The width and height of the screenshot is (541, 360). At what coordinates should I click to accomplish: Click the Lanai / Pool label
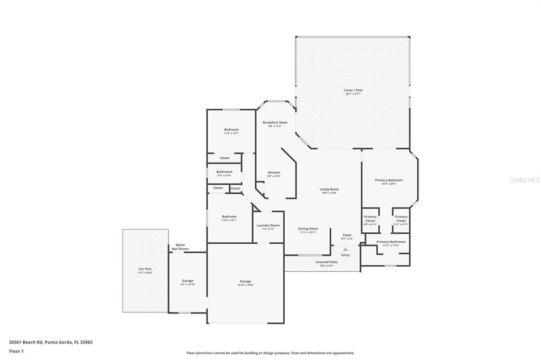tap(353, 90)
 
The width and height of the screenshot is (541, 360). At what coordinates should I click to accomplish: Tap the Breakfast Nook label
tap(275, 122)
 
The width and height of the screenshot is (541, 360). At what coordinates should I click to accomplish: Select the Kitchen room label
tap(274, 173)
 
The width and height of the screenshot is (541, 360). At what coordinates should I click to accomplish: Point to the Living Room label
tap(329, 189)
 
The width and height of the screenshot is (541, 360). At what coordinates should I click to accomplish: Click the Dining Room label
tap(308, 229)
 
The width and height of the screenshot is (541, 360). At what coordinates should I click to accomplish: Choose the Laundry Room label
tap(268, 225)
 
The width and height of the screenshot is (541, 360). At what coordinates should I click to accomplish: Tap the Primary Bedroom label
tap(389, 180)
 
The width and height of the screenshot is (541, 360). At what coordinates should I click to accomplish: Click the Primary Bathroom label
tap(390, 242)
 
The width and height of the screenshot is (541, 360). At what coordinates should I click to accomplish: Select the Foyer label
tap(347, 235)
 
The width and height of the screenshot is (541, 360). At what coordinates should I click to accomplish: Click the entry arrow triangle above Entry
tap(346, 250)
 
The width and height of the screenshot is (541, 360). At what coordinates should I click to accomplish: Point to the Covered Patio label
tap(327, 262)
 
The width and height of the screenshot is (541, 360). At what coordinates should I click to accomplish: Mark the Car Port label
tap(145, 269)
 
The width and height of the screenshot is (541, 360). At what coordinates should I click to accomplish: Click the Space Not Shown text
tap(180, 247)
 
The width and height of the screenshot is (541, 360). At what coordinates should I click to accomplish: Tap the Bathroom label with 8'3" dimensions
tap(224, 172)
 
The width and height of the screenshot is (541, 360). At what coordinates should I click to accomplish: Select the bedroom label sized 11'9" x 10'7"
tap(231, 130)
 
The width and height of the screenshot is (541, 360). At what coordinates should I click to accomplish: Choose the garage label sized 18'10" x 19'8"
tap(245, 281)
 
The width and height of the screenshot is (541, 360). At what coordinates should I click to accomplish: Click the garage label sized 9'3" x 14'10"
tap(188, 281)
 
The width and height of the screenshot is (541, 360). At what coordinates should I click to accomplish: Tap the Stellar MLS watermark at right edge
tap(525, 180)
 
